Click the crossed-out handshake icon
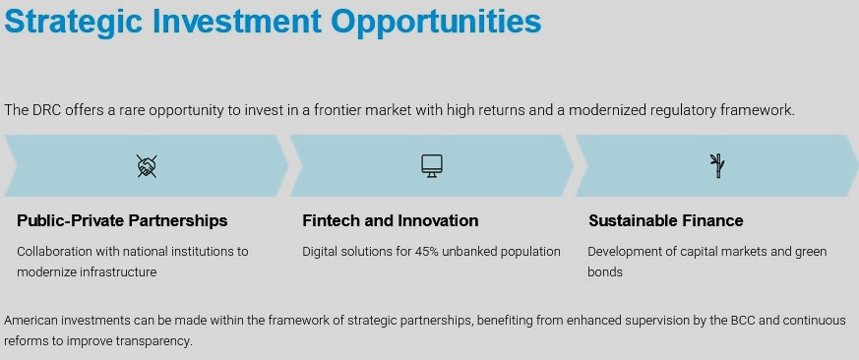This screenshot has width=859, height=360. [147, 166]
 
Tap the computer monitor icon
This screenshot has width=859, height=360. [432, 166]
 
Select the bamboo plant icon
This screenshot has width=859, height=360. [716, 166]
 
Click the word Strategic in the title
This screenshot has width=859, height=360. [74, 23]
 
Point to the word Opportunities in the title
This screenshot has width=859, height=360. [436, 23]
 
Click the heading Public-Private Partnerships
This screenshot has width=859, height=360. [122, 221]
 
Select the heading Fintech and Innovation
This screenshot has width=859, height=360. [390, 221]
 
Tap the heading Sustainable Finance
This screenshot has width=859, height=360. [665, 221]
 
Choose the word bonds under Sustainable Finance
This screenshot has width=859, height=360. [605, 271]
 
